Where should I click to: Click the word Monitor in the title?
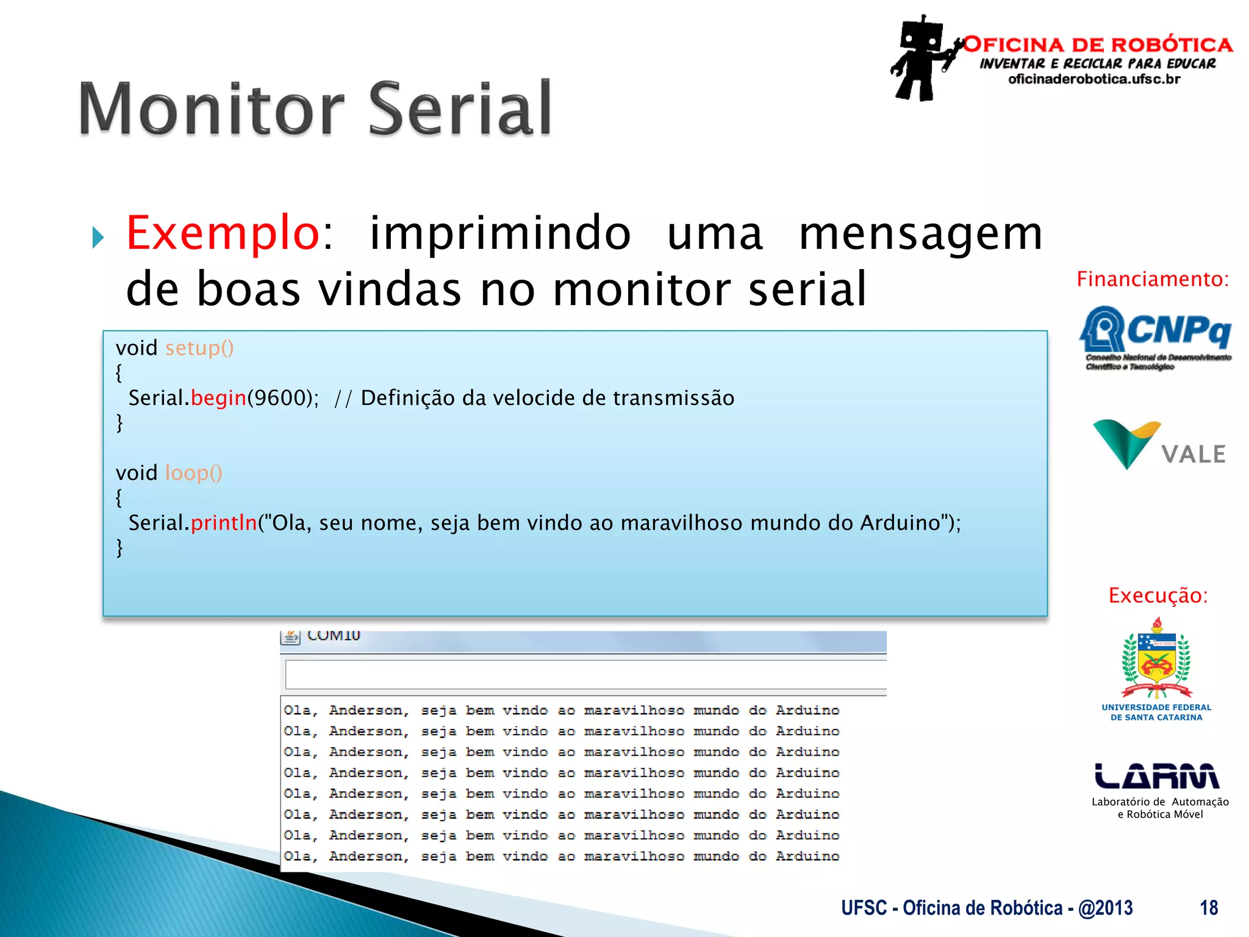click(211, 110)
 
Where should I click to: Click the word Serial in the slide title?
click(460, 110)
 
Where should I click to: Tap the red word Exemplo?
click(223, 234)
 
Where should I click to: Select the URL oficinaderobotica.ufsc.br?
click(1094, 79)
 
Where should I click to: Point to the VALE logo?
click(1159, 445)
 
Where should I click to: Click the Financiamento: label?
click(1153, 279)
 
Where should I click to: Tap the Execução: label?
click(1158, 595)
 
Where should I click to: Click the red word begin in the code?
click(218, 398)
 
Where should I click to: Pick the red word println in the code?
click(224, 523)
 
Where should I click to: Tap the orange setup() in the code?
click(199, 348)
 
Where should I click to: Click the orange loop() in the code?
click(193, 473)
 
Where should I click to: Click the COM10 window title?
click(334, 636)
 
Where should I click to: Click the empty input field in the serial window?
click(584, 675)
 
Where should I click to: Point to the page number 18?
click(1208, 908)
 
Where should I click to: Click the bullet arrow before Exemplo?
click(98, 237)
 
